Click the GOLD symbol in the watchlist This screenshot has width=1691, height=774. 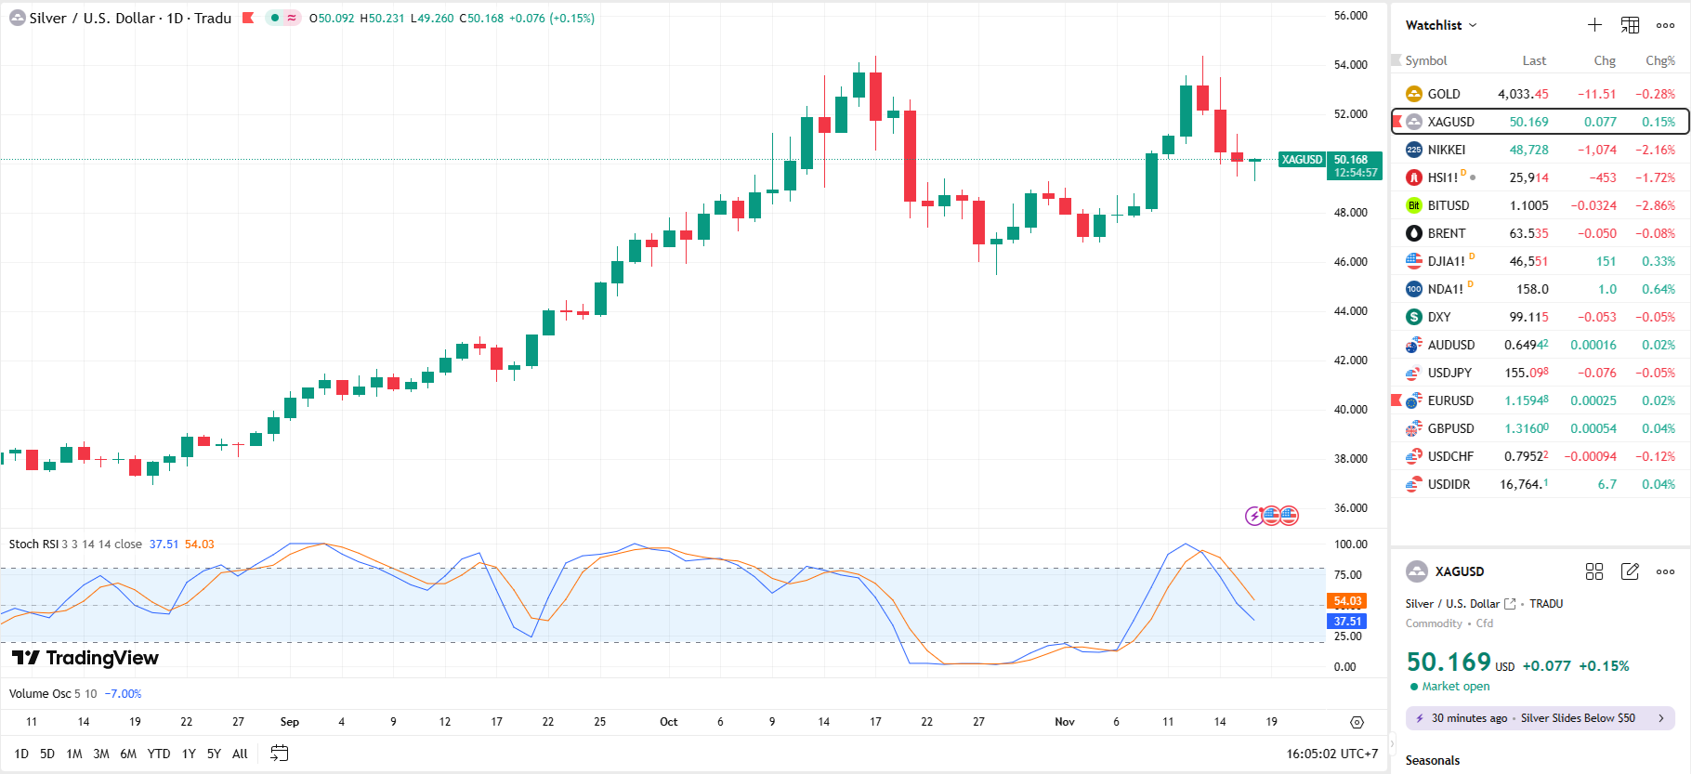click(1443, 94)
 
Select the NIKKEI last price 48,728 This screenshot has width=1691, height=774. click(1528, 150)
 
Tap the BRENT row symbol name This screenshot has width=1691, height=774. click(1446, 233)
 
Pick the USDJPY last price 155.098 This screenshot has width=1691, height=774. click(1526, 373)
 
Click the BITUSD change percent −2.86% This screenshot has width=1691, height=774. click(1655, 205)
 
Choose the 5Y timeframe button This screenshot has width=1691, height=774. click(214, 754)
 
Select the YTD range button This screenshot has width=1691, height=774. click(159, 754)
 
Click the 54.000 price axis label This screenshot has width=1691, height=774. click(1350, 65)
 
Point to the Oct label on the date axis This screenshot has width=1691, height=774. click(668, 722)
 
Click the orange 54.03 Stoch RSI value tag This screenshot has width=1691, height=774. click(1347, 601)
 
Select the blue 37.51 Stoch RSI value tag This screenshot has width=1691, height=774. click(1347, 622)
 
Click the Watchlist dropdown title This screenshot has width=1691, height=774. click(1440, 25)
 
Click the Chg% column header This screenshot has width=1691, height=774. click(1659, 60)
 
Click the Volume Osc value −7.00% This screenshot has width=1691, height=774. click(123, 694)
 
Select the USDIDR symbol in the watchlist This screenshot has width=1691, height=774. click(1448, 484)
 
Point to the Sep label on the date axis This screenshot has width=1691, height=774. click(289, 722)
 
